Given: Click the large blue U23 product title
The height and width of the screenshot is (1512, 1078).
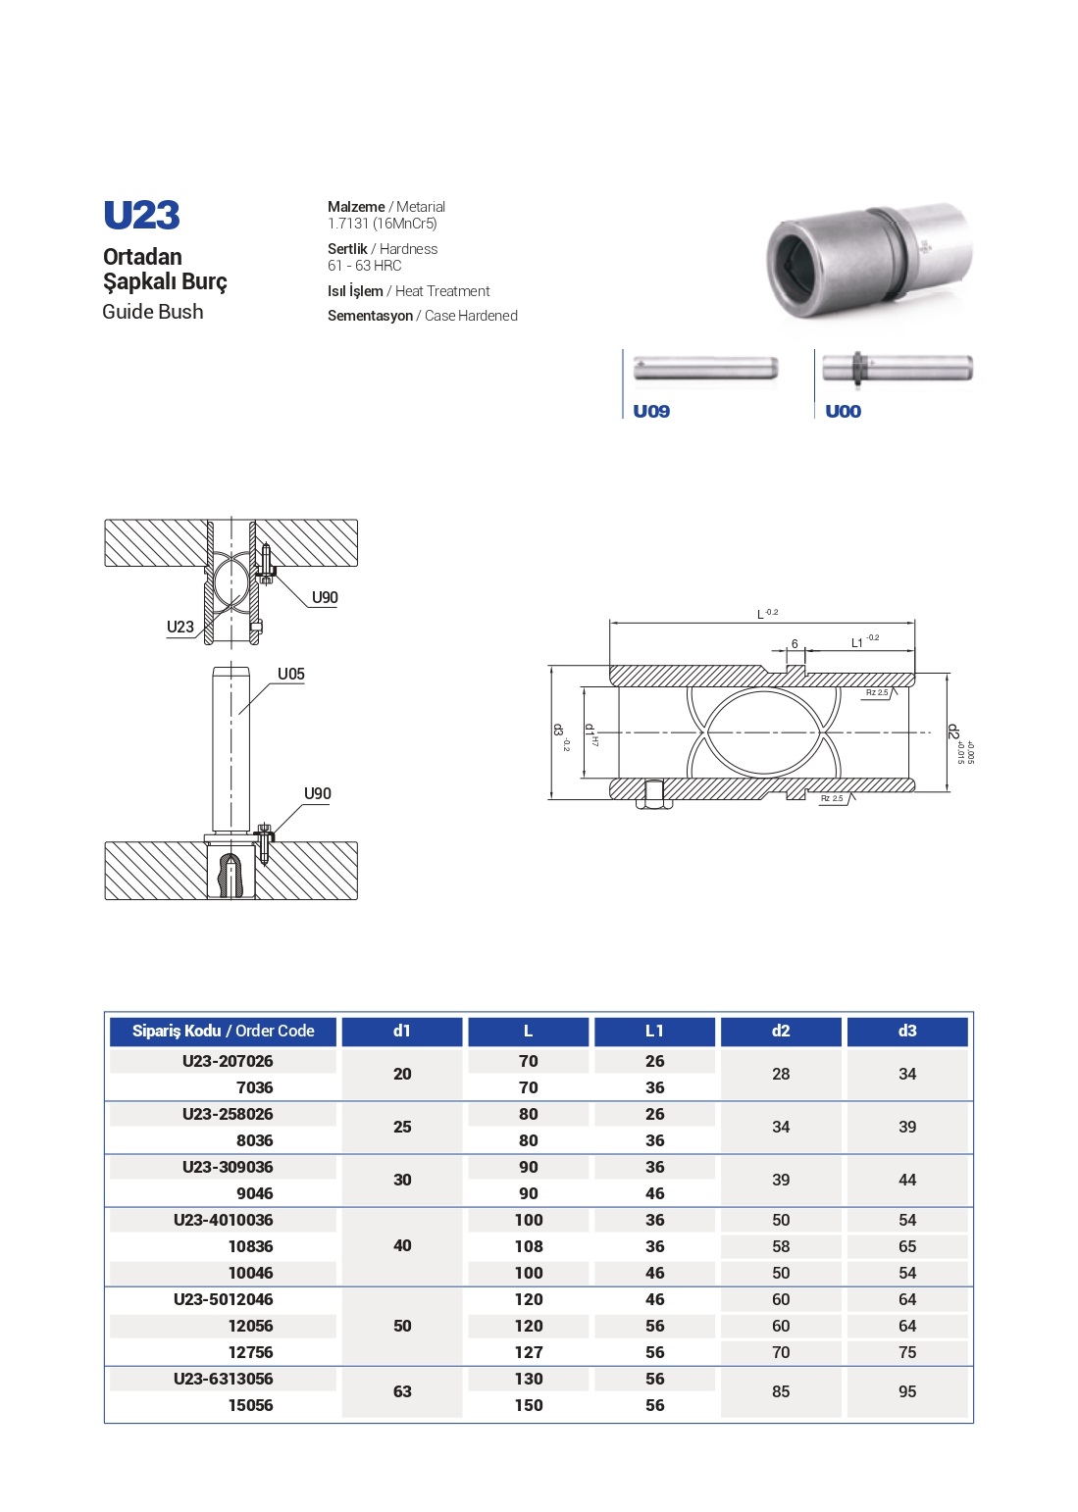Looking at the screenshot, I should click(141, 216).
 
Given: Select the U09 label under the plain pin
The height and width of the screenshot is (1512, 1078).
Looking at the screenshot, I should click(651, 411).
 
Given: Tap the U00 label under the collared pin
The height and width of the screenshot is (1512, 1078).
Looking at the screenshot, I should click(843, 411).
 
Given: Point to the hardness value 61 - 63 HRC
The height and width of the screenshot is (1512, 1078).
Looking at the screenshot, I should click(364, 266).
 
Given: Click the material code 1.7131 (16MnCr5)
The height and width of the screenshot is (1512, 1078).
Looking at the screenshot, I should click(382, 224).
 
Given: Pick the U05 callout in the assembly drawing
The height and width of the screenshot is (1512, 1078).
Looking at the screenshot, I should click(290, 674).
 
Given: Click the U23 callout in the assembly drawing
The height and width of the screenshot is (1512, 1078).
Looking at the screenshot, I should click(180, 627).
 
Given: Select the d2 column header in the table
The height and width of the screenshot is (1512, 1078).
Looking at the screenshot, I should click(780, 1031).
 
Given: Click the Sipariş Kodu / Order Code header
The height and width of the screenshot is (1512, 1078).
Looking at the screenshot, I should click(223, 1031).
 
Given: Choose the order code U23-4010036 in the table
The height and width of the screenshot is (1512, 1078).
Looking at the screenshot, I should click(223, 1220).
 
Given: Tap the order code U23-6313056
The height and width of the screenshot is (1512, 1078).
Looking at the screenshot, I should click(223, 1379).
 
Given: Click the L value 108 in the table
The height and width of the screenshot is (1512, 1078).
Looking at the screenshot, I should click(528, 1246).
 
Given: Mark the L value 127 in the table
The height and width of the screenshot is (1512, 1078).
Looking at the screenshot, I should click(528, 1352).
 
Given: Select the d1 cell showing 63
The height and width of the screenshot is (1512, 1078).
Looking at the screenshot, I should click(402, 1391).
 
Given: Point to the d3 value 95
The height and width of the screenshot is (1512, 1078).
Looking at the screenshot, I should click(906, 1391).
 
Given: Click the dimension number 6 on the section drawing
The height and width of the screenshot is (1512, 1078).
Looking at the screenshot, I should click(795, 644).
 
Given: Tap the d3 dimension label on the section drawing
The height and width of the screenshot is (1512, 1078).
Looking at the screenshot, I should click(558, 731).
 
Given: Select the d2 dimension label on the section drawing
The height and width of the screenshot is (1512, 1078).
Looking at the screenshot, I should click(951, 731).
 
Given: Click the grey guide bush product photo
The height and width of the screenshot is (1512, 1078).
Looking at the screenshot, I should click(868, 260).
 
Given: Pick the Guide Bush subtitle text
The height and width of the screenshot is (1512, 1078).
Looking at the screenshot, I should click(153, 312).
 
